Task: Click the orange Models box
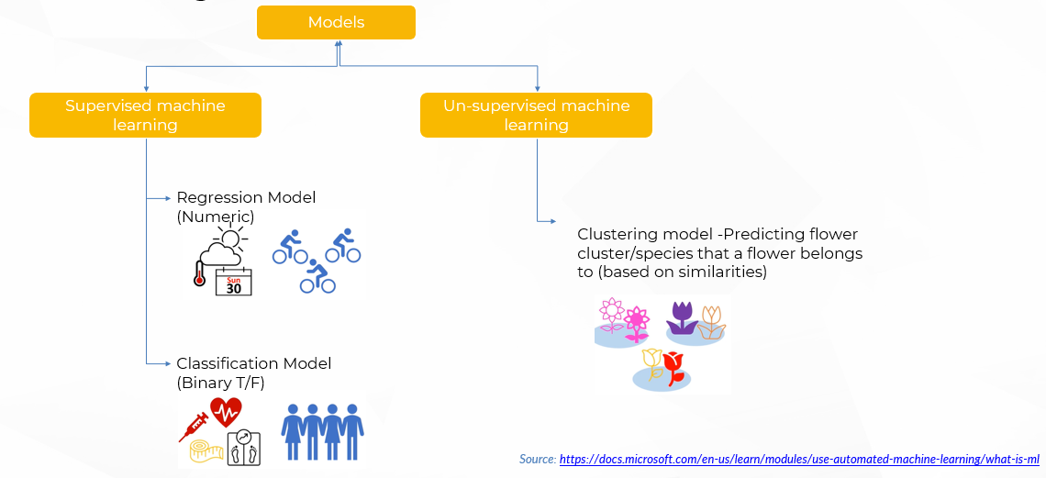pyautogui.click(x=336, y=23)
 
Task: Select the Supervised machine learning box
pyautogui.click(x=145, y=116)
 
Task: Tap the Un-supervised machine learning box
pyautogui.click(x=536, y=116)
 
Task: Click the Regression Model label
pyautogui.click(x=246, y=197)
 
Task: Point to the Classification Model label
pyautogui.click(x=253, y=363)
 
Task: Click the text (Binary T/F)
pyautogui.click(x=220, y=383)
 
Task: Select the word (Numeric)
pyautogui.click(x=215, y=217)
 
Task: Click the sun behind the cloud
pyautogui.click(x=232, y=240)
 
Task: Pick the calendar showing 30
pyautogui.click(x=233, y=282)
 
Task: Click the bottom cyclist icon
pyautogui.click(x=317, y=276)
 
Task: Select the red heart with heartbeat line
pyautogui.click(x=226, y=412)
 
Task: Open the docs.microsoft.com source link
pyautogui.click(x=798, y=459)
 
